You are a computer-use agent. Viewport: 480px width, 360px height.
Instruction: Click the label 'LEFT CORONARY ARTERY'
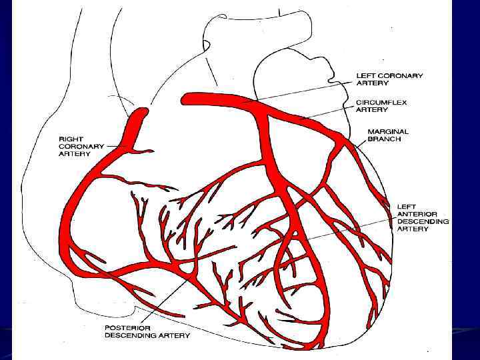click(x=389, y=80)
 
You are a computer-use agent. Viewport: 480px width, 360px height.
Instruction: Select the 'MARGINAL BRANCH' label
click(x=389, y=135)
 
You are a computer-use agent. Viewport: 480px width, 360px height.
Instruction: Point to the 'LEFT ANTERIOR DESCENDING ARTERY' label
click(x=423, y=218)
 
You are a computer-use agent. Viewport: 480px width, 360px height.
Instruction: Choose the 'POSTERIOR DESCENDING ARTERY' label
click(x=147, y=331)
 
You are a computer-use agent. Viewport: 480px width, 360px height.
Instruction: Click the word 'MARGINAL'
click(x=389, y=132)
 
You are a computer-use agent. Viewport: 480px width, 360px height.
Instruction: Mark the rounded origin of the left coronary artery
click(x=186, y=99)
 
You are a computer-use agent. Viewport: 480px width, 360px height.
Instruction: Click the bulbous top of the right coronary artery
click(x=139, y=117)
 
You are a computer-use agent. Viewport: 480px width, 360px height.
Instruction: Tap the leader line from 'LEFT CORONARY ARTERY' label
click(x=300, y=91)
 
